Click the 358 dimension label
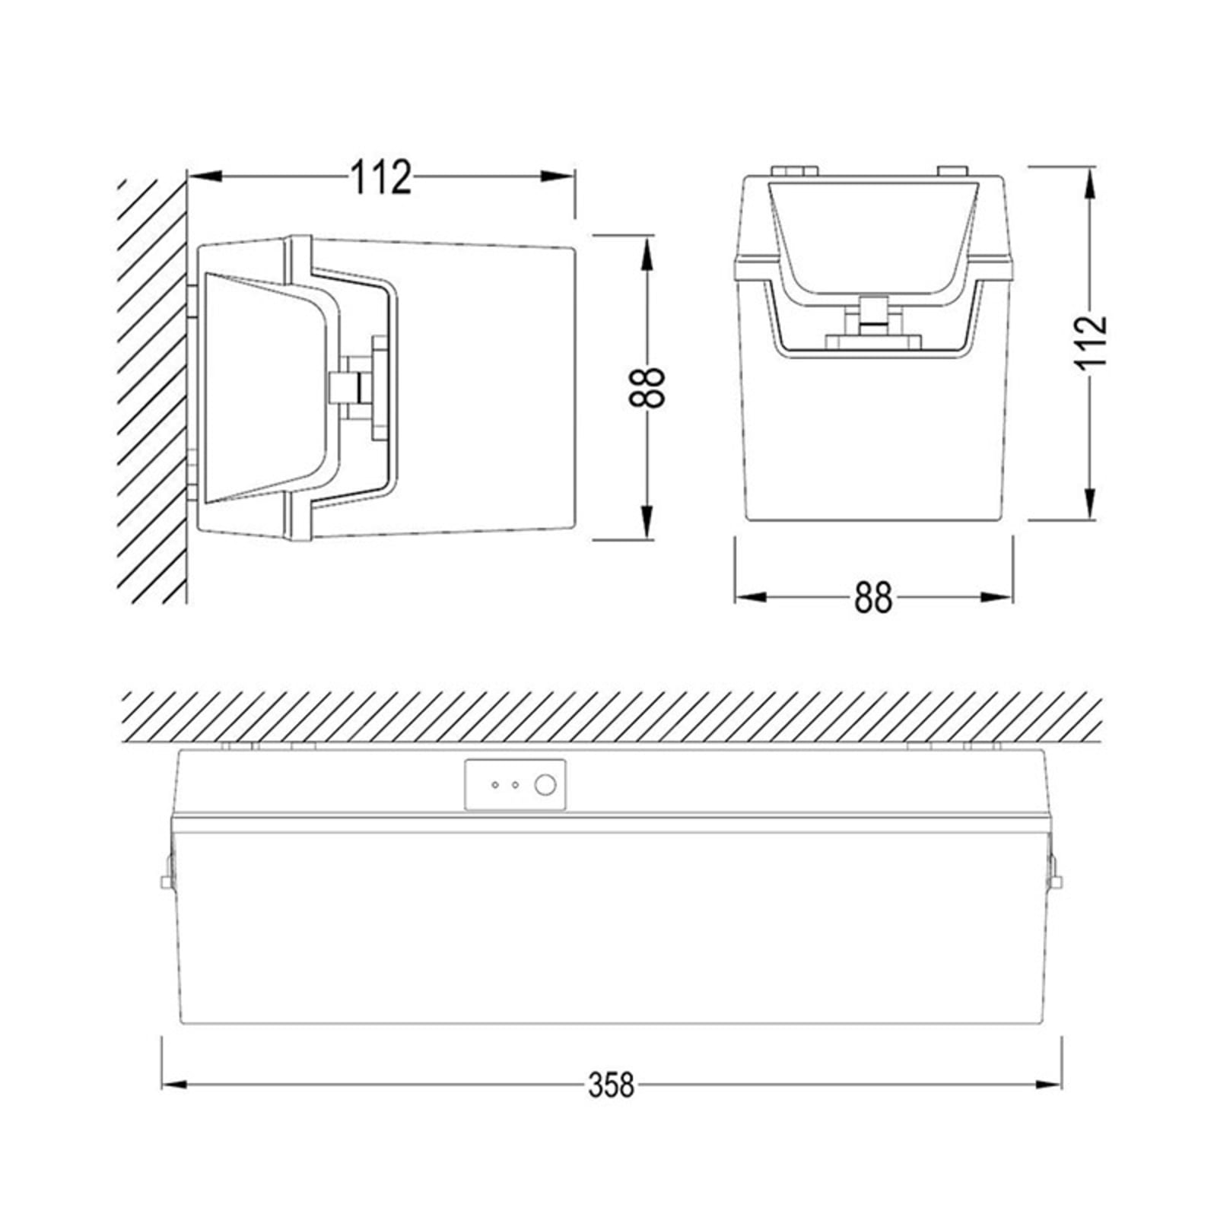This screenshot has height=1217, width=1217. [x=611, y=1085]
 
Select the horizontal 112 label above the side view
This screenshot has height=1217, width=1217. [x=381, y=176]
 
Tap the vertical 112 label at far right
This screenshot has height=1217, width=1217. [x=1090, y=339]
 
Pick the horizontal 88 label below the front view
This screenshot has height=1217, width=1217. [x=872, y=598]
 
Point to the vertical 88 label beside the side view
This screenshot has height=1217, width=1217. [x=647, y=388]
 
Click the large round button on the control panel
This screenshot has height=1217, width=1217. [x=545, y=784]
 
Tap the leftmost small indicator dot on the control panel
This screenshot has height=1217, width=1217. [x=495, y=784]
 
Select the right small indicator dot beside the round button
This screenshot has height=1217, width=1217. [x=515, y=784]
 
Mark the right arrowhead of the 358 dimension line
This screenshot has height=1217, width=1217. [x=1049, y=1085]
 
